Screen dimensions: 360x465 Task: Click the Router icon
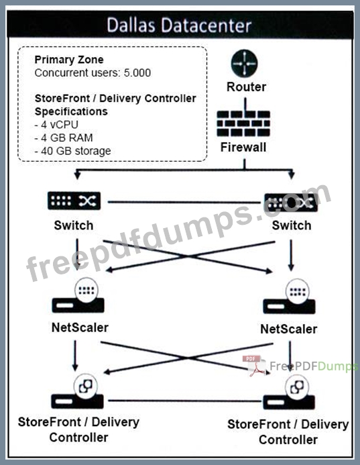coord(244,63)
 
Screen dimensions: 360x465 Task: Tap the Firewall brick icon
coord(243,123)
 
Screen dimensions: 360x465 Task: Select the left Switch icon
coord(74,201)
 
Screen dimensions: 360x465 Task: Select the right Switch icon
coord(291,203)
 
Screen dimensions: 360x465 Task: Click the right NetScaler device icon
coord(289,297)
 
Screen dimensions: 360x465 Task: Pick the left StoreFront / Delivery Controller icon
coord(78,391)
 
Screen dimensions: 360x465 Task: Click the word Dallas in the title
coord(131,25)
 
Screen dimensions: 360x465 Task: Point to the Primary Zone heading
coord(69,60)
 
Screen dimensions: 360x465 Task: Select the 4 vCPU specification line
coord(56,125)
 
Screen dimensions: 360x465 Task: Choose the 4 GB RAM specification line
coord(64,138)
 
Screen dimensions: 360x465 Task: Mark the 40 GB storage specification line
coord(72,151)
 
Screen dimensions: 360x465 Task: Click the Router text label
coord(246,87)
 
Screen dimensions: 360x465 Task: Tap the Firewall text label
coord(243,148)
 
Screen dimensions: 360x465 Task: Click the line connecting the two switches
coord(184,202)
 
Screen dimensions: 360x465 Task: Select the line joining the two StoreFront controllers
coord(185,401)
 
